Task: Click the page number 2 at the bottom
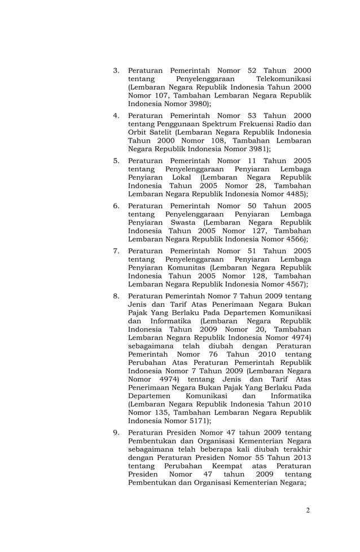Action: click(x=308, y=511)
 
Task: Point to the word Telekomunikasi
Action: click(x=283, y=79)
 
